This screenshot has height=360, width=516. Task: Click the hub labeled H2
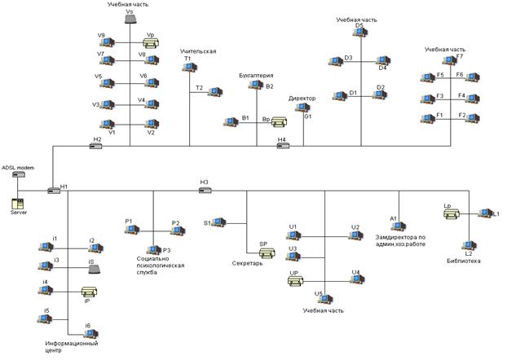coord(96,147)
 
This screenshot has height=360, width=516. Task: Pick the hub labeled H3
coord(205,190)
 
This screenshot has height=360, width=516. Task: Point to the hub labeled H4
coord(282,147)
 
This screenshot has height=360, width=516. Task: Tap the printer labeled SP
coord(266,252)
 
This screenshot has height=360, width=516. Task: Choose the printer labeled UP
coord(295,282)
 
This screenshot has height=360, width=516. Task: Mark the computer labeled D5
coord(359,33)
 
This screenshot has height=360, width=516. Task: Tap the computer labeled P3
coord(153,249)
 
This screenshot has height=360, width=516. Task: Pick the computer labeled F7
coord(449,60)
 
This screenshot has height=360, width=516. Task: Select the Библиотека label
coord(464,261)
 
